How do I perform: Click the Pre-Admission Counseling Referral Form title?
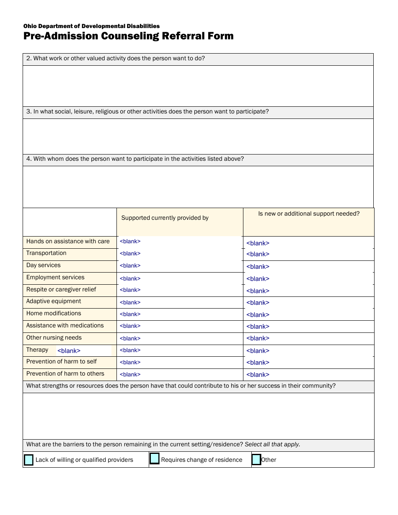pyautogui.click(x=128, y=36)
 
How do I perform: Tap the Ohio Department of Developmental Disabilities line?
pyautogui.click(x=91, y=26)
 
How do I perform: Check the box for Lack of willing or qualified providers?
pyautogui.click(x=28, y=460)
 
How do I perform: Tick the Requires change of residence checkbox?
pyautogui.click(x=155, y=459)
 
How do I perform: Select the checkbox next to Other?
pyautogui.click(x=256, y=460)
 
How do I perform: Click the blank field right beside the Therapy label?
pyautogui.click(x=69, y=351)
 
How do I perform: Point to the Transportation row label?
pyautogui.click(x=46, y=253)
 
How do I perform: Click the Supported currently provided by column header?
pyautogui.click(x=165, y=218)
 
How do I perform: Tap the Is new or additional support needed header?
pyautogui.click(x=309, y=214)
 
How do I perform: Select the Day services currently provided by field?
pyautogui.click(x=130, y=266)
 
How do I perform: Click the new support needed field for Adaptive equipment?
pyautogui.click(x=258, y=303)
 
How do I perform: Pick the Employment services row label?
pyautogui.click(x=55, y=278)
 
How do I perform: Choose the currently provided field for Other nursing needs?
pyautogui.click(x=130, y=338)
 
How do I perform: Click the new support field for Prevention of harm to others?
pyautogui.click(x=258, y=375)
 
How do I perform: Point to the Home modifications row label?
pyautogui.click(x=54, y=314)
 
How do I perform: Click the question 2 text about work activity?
pyautogui.click(x=116, y=59)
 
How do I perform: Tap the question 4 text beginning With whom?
pyautogui.click(x=135, y=159)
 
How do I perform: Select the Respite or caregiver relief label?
pyautogui.click(x=61, y=290)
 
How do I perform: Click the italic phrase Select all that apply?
pyautogui.click(x=272, y=445)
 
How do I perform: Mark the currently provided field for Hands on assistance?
pyautogui.click(x=130, y=242)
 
